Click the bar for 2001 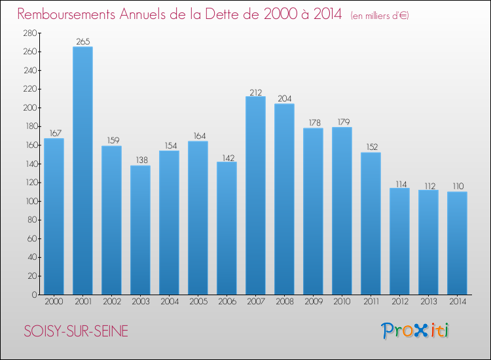coord(82,170)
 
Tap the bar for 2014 coord(457,243)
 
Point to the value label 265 coord(82,42)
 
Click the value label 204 coord(284,99)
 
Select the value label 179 coord(342,122)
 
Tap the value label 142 coord(227,157)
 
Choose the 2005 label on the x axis coord(198,302)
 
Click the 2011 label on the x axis coord(371,302)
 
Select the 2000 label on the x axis coord(54,302)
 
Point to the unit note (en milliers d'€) coord(380,16)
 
